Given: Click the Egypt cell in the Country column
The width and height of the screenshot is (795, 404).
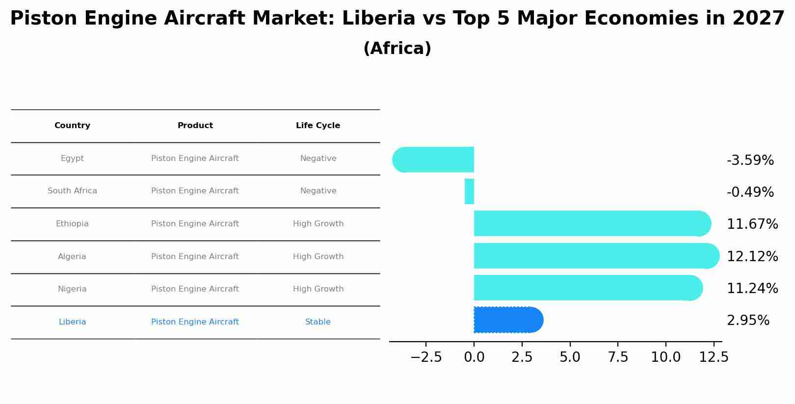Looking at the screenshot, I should click(x=72, y=159).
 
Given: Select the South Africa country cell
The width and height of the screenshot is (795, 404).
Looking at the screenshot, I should click(x=72, y=191).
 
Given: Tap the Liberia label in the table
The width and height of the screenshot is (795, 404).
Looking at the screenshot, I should click(x=72, y=322).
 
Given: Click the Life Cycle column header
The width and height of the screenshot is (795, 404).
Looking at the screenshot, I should click(x=318, y=126).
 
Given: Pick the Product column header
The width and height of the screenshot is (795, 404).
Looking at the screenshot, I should click(x=195, y=126).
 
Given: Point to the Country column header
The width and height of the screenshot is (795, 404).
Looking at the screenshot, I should click(x=72, y=126).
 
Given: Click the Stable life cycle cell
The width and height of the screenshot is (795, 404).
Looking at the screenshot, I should click(x=318, y=322).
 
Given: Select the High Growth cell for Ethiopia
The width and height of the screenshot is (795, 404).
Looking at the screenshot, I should click(x=318, y=224).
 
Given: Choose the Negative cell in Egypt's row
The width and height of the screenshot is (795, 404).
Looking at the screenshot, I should click(x=318, y=159).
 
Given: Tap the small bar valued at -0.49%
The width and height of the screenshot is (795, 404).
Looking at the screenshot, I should click(x=469, y=191).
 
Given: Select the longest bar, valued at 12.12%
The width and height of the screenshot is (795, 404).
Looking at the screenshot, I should click(x=594, y=256).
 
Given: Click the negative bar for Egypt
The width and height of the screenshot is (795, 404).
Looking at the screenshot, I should click(x=434, y=160).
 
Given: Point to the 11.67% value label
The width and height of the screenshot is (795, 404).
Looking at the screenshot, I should click(x=752, y=224).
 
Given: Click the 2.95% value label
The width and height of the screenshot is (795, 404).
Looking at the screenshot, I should click(x=748, y=321).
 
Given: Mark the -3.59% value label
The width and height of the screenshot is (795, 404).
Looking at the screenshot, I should click(x=750, y=161).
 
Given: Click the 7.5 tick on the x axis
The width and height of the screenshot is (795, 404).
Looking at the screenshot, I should click(x=618, y=357).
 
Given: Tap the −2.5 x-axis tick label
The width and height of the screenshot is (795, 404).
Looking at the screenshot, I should click(x=426, y=357).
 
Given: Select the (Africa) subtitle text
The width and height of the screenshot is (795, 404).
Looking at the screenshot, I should click(x=397, y=49).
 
